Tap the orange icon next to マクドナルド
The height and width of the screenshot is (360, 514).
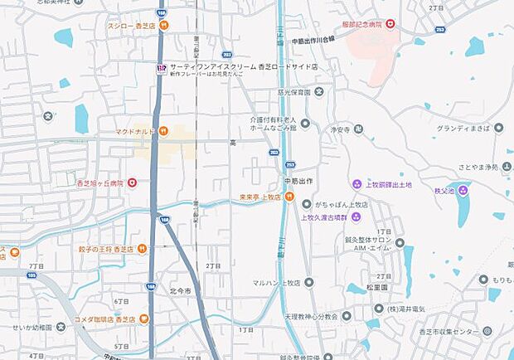click(x=164, y=130)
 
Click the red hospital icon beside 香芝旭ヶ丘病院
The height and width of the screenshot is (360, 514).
click(x=132, y=182)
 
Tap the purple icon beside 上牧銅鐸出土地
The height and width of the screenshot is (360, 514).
click(x=357, y=183)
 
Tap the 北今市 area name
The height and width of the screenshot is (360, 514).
click(x=179, y=291)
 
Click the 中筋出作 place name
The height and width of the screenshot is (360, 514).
click(x=295, y=181)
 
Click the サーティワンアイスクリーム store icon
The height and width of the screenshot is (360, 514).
click(x=161, y=68)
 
